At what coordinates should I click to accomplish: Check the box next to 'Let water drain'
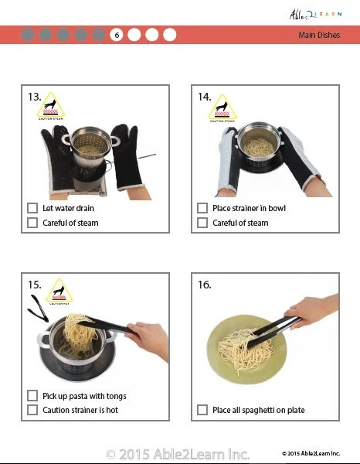tap(32, 208)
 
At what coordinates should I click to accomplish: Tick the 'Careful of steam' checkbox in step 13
tap(32, 223)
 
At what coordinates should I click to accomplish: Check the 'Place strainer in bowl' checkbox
tap(202, 208)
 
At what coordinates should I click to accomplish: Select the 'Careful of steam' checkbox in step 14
tap(202, 223)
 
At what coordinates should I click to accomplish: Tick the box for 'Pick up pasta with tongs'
tap(32, 396)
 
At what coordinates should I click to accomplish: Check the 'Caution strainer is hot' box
tap(32, 410)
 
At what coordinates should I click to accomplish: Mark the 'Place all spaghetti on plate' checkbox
tap(202, 410)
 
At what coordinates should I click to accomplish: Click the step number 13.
tap(35, 97)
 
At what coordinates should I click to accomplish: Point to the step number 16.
tap(205, 285)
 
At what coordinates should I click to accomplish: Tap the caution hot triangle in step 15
tap(57, 293)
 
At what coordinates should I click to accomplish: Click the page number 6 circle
tap(117, 35)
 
